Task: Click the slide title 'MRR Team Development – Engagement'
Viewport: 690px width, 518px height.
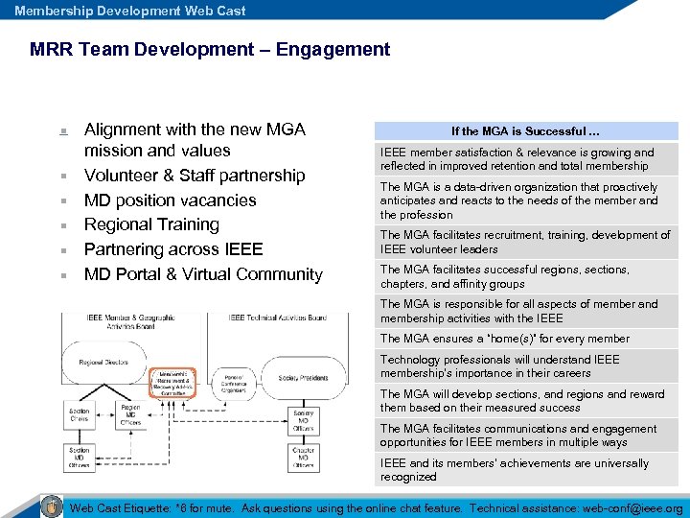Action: coord(210,49)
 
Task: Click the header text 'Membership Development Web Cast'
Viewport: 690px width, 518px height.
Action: coord(130,11)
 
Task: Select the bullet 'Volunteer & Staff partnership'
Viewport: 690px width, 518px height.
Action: coord(195,176)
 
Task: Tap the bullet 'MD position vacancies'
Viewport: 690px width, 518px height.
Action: coord(171,200)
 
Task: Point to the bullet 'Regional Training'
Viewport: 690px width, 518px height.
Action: coord(151,224)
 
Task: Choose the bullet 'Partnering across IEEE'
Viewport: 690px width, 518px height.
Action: coord(173,249)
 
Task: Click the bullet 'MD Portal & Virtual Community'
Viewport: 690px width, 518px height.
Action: coord(203,274)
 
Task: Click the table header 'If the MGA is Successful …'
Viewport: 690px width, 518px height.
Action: coord(525,131)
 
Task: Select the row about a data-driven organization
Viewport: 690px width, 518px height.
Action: coord(525,200)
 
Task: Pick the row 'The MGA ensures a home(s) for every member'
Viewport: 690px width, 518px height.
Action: coord(525,339)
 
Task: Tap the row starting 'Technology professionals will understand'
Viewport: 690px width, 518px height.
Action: coord(525,366)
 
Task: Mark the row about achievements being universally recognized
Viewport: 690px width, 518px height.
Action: coord(525,470)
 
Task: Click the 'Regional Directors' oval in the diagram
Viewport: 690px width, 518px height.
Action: coord(104,363)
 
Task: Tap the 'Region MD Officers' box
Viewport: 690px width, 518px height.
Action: coord(130,415)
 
